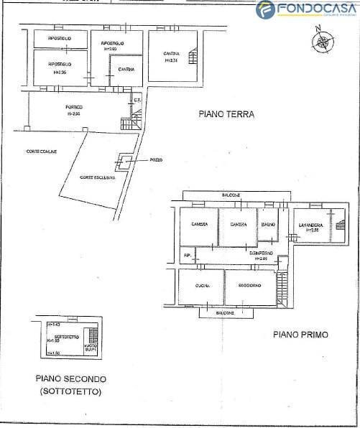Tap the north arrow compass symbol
click(319, 40)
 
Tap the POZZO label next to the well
click(157, 160)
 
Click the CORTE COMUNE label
click(41, 150)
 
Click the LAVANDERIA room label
click(310, 225)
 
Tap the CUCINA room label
click(202, 287)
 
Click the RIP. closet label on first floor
click(188, 255)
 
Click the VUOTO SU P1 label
click(90, 348)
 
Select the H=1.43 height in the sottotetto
click(53, 325)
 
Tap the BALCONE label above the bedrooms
click(231, 195)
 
